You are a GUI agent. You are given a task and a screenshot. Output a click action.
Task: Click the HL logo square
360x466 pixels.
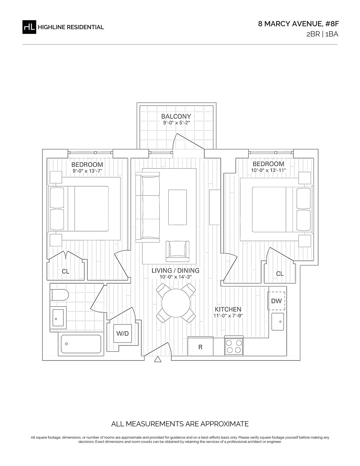29,27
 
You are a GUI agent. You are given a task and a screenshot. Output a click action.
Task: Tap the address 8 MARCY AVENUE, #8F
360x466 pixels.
298,24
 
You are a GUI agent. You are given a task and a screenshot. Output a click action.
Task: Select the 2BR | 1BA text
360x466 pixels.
322,34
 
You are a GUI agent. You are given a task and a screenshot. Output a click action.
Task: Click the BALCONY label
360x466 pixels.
176,116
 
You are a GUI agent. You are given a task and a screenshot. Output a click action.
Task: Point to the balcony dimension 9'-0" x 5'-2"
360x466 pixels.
176,123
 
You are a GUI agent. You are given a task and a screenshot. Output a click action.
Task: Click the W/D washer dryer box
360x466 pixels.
122,333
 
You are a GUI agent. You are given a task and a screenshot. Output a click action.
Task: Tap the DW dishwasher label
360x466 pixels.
276,301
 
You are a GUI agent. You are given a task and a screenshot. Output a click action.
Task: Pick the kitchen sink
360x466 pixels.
277,322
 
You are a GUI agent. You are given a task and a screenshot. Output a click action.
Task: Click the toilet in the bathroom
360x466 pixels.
59,295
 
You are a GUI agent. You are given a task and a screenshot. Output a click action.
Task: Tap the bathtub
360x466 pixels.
81,344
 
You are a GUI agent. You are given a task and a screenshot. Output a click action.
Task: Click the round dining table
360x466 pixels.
176,303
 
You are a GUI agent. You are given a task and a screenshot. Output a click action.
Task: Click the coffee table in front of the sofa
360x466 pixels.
177,207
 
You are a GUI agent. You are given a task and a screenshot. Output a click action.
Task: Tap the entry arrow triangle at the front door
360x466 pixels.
157,359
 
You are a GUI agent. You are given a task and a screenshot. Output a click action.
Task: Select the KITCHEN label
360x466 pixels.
228,310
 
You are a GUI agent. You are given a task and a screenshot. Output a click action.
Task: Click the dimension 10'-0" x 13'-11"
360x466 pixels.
268,170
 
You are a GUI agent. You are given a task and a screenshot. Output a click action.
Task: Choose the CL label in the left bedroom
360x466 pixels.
65,271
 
